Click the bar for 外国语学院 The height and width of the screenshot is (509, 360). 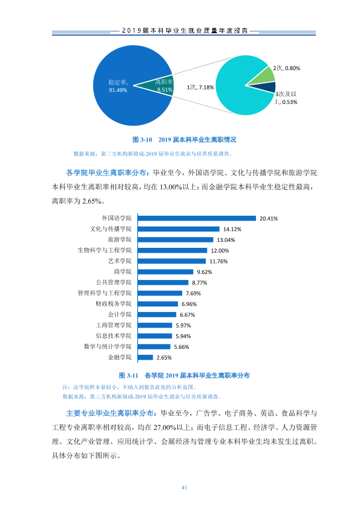tap(197, 218)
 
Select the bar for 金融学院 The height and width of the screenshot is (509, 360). tap(145, 357)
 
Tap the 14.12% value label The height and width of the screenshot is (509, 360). tap(232, 229)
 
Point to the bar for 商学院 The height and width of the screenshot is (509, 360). tap(165, 271)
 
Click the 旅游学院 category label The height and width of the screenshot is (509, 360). tap(120, 239)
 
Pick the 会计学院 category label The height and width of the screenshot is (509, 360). tap(120, 314)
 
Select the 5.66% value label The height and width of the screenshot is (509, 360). tap(182, 347)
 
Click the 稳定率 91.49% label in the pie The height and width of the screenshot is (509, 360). tap(117, 86)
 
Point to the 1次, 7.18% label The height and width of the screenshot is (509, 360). tap(200, 87)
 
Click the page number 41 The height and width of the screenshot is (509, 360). tap(184, 487)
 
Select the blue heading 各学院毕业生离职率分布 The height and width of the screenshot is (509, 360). tap(106, 173)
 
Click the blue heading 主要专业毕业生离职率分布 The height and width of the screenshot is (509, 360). tap(110, 413)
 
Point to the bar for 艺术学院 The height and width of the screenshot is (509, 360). tap(172, 261)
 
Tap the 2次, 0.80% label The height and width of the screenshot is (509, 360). tap(287, 68)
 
